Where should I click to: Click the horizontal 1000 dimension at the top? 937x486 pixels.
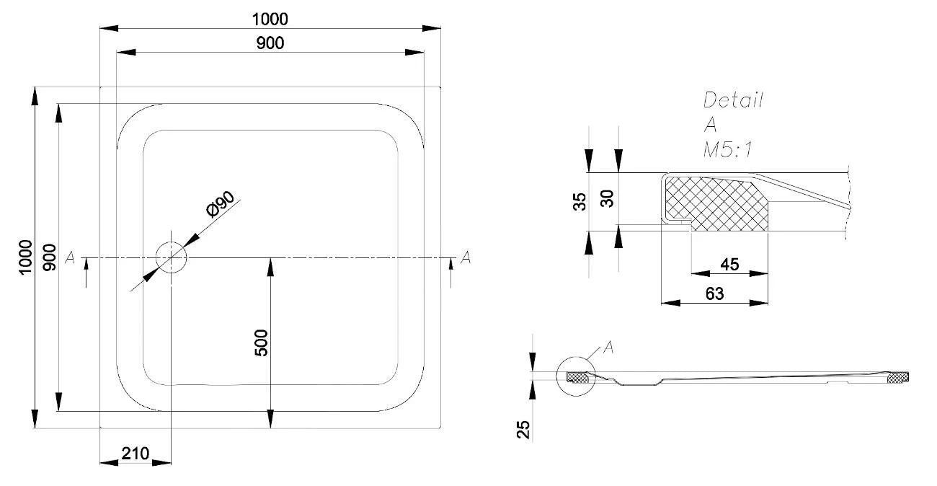tap(270, 19)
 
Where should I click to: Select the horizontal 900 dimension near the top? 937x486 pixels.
tap(270, 43)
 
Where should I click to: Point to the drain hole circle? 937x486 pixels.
tap(172, 257)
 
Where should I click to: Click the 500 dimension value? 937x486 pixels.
tap(261, 343)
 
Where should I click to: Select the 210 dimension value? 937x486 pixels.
tap(135, 454)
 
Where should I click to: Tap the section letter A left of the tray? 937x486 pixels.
tap(70, 257)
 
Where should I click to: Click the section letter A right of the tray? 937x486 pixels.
tap(466, 257)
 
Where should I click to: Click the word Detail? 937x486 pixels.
tap(732, 100)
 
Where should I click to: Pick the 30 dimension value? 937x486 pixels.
tap(607, 198)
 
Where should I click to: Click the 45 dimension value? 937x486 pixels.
tap(729, 265)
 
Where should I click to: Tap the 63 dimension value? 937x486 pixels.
tap(714, 293)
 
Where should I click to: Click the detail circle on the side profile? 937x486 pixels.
tap(577, 376)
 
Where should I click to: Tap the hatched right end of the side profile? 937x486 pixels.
tap(898, 378)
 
